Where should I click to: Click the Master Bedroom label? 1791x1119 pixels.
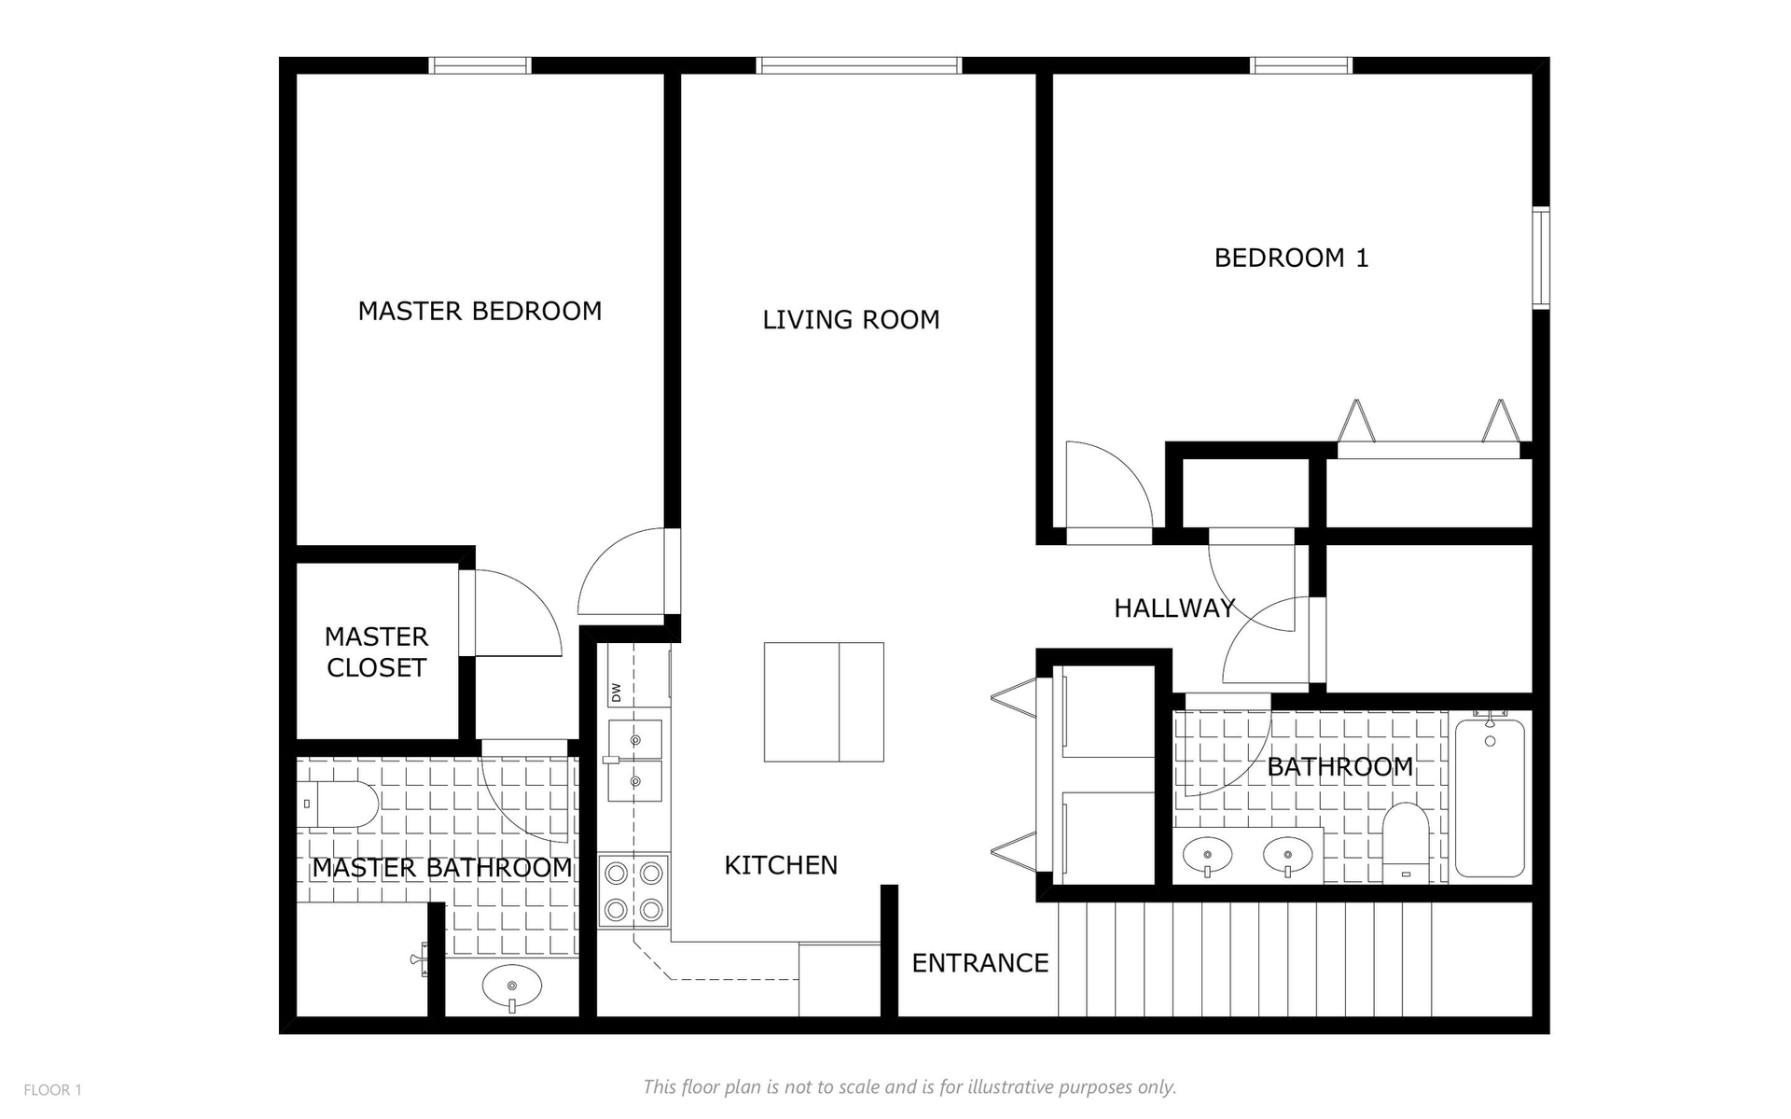coord(479,311)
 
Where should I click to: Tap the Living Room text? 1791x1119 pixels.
coord(851,320)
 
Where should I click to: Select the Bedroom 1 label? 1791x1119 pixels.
coord(1291,258)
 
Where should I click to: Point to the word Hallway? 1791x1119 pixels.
coord(1174,608)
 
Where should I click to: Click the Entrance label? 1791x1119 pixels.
coord(979,963)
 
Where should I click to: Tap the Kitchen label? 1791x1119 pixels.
coord(781,865)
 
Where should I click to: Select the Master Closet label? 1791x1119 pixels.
coord(376,652)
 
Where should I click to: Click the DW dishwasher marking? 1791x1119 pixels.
coord(616,692)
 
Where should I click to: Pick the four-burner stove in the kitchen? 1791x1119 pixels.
coord(634,890)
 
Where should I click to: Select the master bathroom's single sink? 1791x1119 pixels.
coord(512,986)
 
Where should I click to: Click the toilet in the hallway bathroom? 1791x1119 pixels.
coord(1405,842)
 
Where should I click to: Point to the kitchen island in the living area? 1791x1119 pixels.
coord(824,702)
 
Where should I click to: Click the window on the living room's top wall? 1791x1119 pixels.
coord(858,65)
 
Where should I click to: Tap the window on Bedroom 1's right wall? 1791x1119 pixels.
coord(1541,259)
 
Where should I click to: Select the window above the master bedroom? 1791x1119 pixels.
coord(479,65)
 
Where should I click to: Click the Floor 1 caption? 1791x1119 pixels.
coord(52,1090)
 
